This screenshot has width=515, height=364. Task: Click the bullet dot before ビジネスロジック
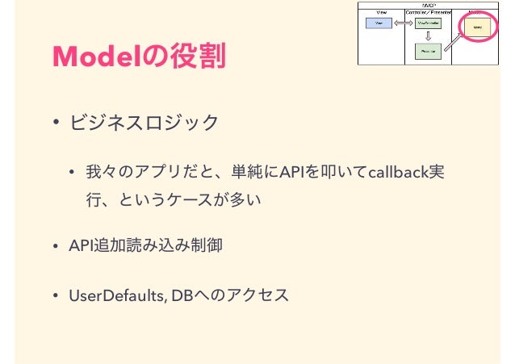57,123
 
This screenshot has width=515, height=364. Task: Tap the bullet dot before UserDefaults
57,295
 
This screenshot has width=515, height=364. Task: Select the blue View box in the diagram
379,24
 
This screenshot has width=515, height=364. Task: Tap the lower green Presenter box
427,51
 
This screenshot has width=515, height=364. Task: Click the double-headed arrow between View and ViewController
404,24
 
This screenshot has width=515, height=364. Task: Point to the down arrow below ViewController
427,37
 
